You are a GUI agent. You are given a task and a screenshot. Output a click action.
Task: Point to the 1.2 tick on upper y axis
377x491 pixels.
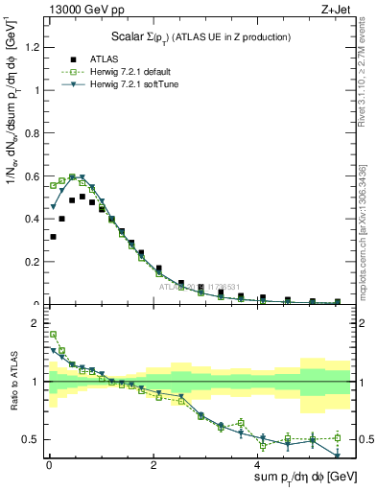pyautogui.click(x=35, y=48)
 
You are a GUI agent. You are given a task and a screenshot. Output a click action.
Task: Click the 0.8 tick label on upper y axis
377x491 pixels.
pyautogui.click(x=35, y=133)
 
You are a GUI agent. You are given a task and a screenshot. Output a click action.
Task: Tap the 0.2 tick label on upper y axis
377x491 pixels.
pyautogui.click(x=35, y=262)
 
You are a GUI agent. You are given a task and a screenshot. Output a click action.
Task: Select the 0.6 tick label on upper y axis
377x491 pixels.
pyautogui.click(x=35, y=176)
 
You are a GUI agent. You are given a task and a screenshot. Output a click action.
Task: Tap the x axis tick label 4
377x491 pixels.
pyautogui.click(x=258, y=465)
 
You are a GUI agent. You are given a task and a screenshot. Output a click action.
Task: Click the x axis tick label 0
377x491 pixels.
pyautogui.click(x=49, y=465)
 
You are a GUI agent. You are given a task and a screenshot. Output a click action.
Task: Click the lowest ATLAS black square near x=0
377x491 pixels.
pyautogui.click(x=53, y=237)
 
